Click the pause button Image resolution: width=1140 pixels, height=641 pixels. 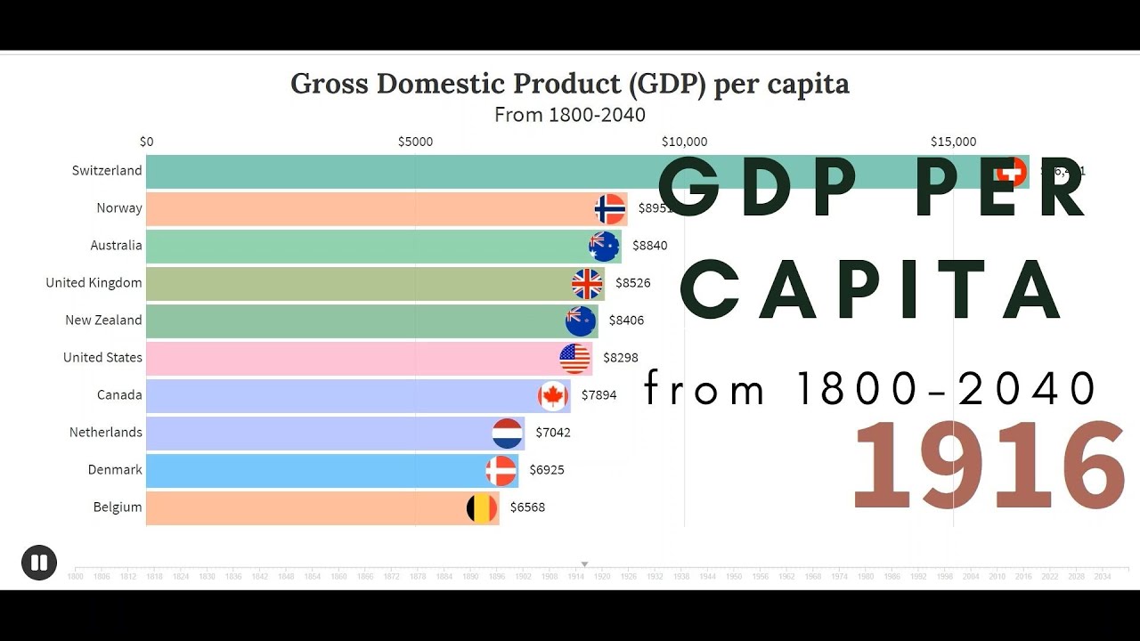click(39, 563)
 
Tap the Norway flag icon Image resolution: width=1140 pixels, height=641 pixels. click(610, 209)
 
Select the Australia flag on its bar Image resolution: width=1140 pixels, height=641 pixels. click(604, 247)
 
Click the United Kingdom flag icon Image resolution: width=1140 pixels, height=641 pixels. click(587, 284)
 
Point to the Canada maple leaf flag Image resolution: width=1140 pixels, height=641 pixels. click(553, 396)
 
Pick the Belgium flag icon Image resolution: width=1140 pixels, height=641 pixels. click(482, 508)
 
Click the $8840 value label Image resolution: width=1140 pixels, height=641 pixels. click(649, 246)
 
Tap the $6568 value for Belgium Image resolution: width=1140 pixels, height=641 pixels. click(527, 507)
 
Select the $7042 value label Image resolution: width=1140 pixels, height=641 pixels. click(553, 433)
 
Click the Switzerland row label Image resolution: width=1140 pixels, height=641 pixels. click(107, 171)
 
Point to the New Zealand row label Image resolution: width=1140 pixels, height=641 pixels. click(103, 320)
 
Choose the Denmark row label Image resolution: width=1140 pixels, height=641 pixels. click(115, 470)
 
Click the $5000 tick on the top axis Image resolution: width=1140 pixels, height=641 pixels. click(415, 142)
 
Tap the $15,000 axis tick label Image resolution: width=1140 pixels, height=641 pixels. click(953, 142)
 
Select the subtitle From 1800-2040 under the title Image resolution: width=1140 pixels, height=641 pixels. click(570, 115)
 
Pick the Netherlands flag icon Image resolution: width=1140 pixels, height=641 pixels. click(508, 434)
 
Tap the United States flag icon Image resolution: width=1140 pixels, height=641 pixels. click(575, 359)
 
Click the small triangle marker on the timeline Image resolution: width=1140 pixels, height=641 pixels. click(585, 564)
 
